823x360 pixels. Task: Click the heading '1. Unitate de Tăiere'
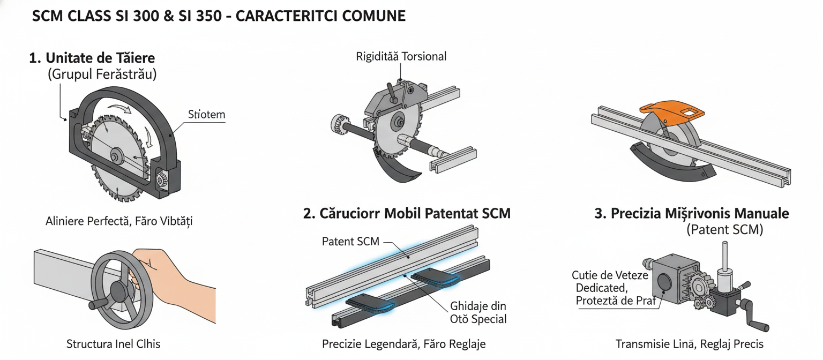(x=92, y=58)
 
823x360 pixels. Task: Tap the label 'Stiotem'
(x=206, y=115)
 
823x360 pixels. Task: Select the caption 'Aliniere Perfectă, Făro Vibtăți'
(x=119, y=221)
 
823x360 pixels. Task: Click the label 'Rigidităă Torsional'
(x=401, y=56)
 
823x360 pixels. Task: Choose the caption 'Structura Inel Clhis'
(x=113, y=343)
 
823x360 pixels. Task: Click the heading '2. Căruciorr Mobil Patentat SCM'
(x=407, y=213)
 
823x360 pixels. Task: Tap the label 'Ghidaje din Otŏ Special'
(x=478, y=312)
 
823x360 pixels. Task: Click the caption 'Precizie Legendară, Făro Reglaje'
(x=404, y=343)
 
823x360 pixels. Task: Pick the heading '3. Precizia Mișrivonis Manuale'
(x=692, y=213)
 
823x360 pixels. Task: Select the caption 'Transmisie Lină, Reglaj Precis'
(x=690, y=343)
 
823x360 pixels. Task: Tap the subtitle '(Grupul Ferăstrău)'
(x=102, y=74)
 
